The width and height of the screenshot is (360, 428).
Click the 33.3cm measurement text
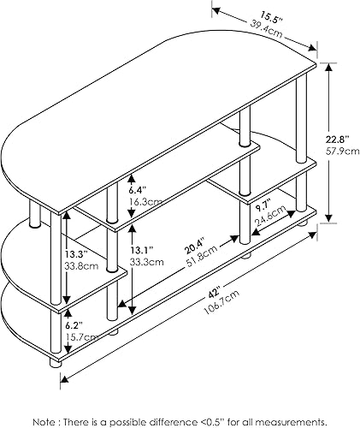coord(146,264)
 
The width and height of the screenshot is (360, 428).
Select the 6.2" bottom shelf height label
coord(74,326)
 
